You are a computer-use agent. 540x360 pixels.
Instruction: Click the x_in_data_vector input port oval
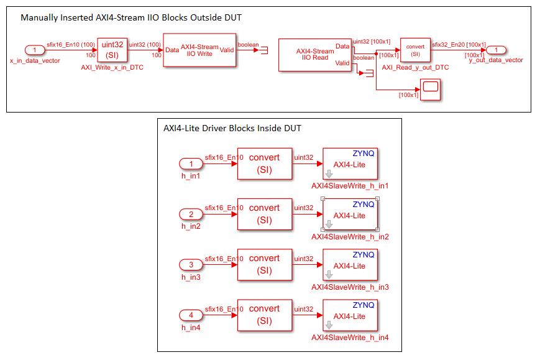[35, 50]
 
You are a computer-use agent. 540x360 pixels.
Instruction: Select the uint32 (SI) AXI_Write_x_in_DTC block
[112, 50]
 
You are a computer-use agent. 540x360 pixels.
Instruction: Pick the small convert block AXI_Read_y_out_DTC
[415, 50]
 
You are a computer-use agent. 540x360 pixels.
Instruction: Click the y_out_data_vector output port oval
[496, 50]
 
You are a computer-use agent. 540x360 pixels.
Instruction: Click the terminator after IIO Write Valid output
[264, 50]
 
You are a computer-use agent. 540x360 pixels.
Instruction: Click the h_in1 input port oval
[191, 164]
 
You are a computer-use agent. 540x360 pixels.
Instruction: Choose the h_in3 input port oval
[191, 265]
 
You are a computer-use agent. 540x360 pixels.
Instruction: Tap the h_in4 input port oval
[191, 315]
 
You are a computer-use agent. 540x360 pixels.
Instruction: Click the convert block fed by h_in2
[264, 214]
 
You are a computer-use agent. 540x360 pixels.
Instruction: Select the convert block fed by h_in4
[264, 315]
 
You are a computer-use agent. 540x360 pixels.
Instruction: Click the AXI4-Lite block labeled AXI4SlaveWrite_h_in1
[350, 164]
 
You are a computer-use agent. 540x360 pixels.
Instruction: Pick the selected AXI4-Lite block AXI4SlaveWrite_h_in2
[350, 215]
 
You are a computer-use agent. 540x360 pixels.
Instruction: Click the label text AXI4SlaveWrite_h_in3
[350, 287]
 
